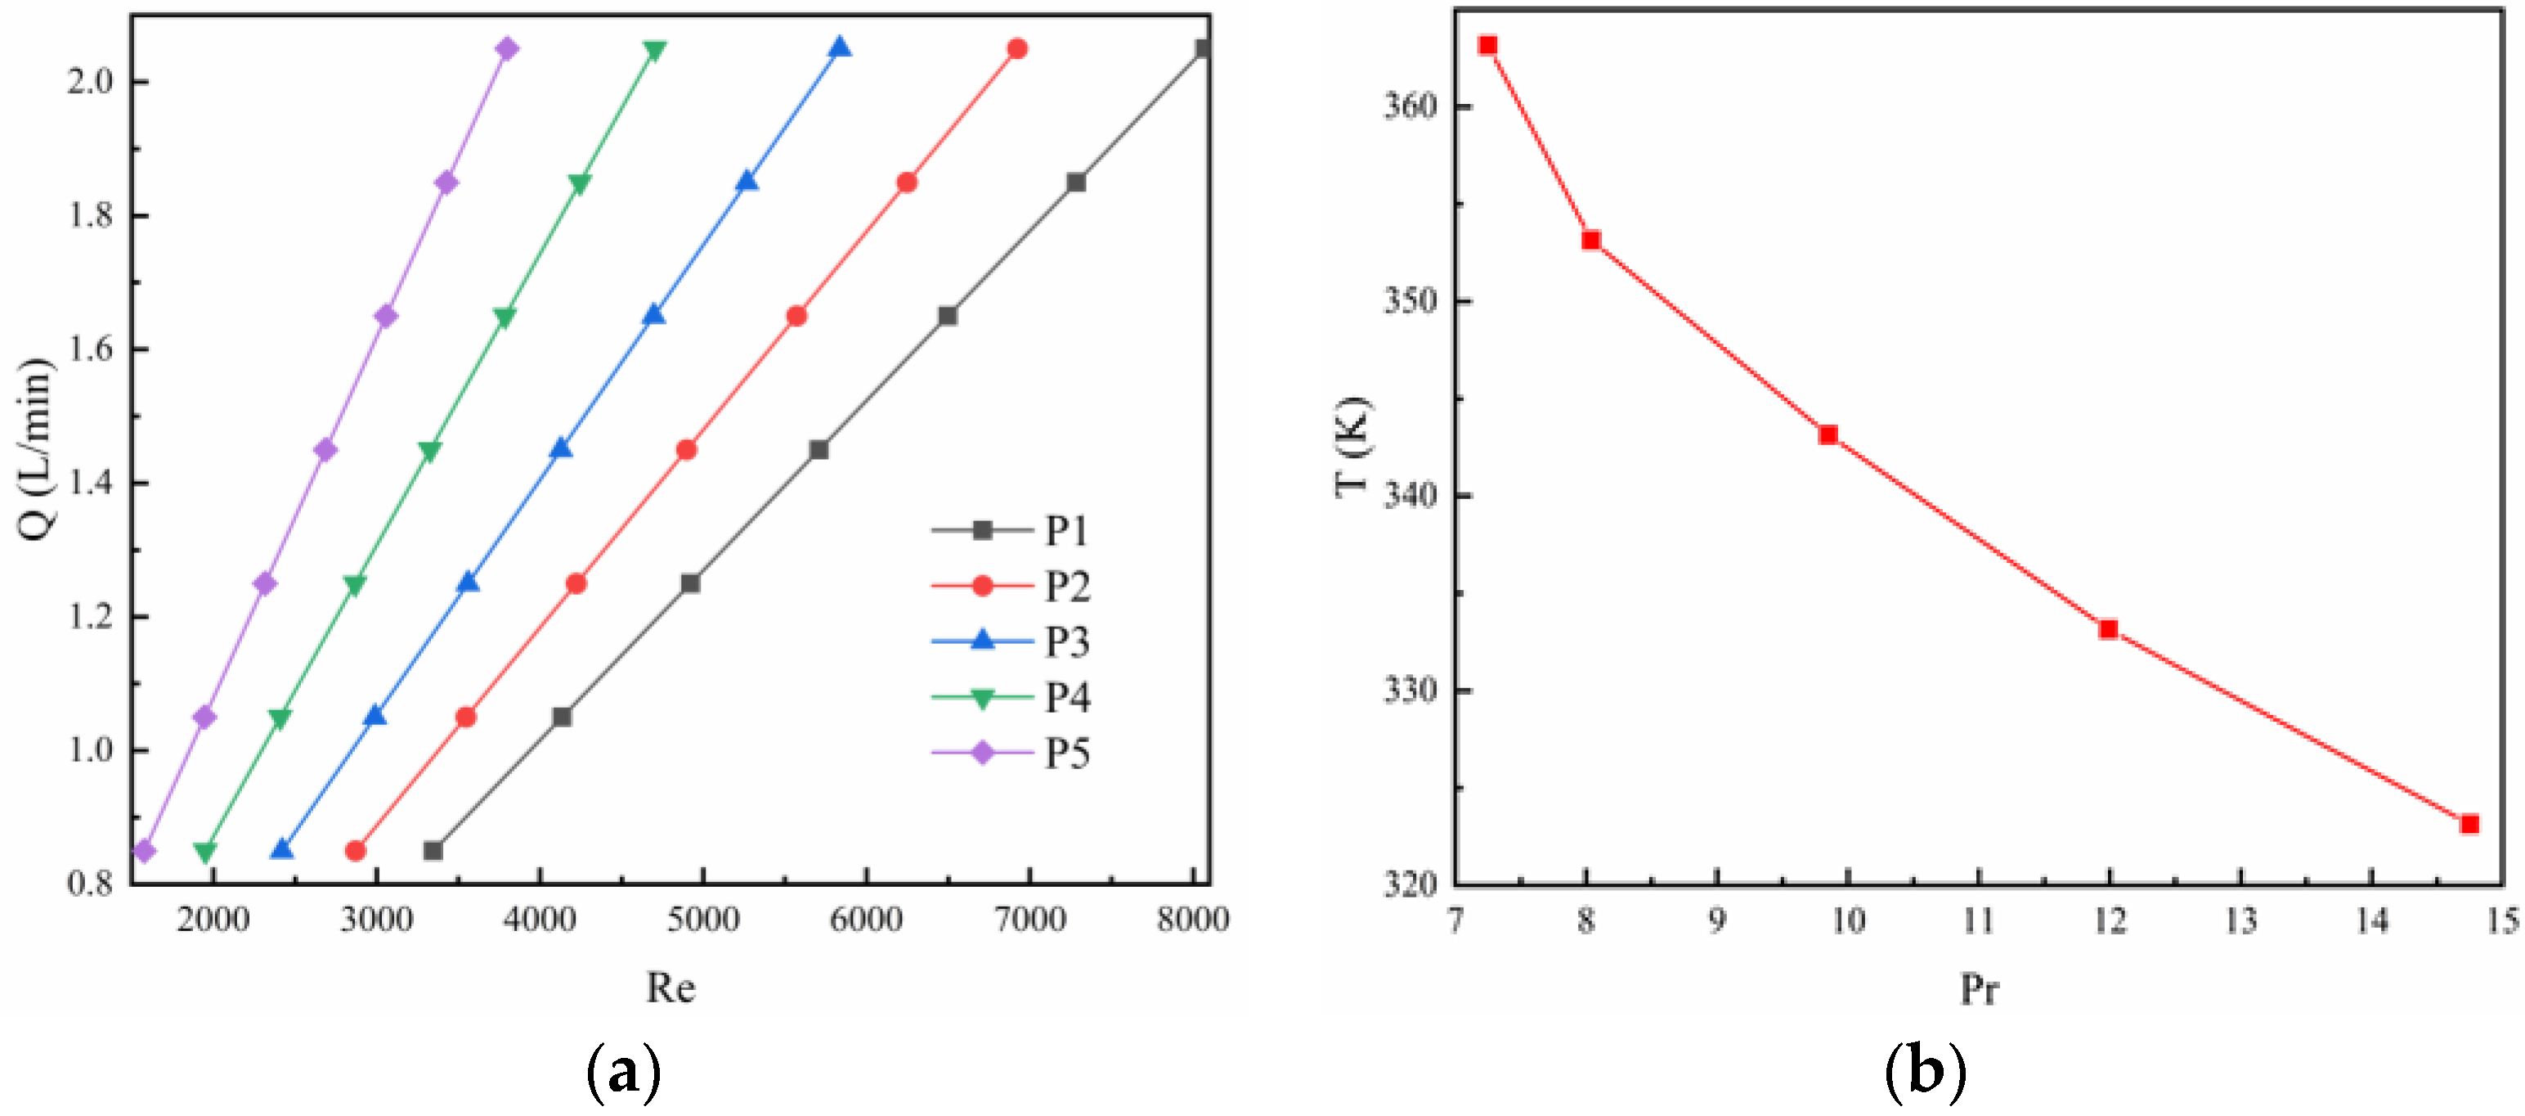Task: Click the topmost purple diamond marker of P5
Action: click(x=507, y=49)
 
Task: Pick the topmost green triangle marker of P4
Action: click(x=655, y=50)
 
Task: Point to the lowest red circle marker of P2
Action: click(x=356, y=850)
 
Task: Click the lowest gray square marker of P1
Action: click(x=433, y=850)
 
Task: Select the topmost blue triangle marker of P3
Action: click(x=840, y=48)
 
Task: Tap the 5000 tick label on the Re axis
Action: click(x=702, y=919)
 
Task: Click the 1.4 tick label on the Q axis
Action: click(x=93, y=483)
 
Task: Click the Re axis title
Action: click(x=670, y=988)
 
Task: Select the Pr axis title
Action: click(x=1980, y=988)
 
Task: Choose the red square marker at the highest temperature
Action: click(x=1488, y=45)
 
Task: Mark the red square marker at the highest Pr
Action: click(x=2469, y=824)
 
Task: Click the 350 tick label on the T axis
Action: click(x=1410, y=300)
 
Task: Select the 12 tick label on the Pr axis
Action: click(x=2110, y=920)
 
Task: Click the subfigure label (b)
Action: click(x=1924, y=1071)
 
